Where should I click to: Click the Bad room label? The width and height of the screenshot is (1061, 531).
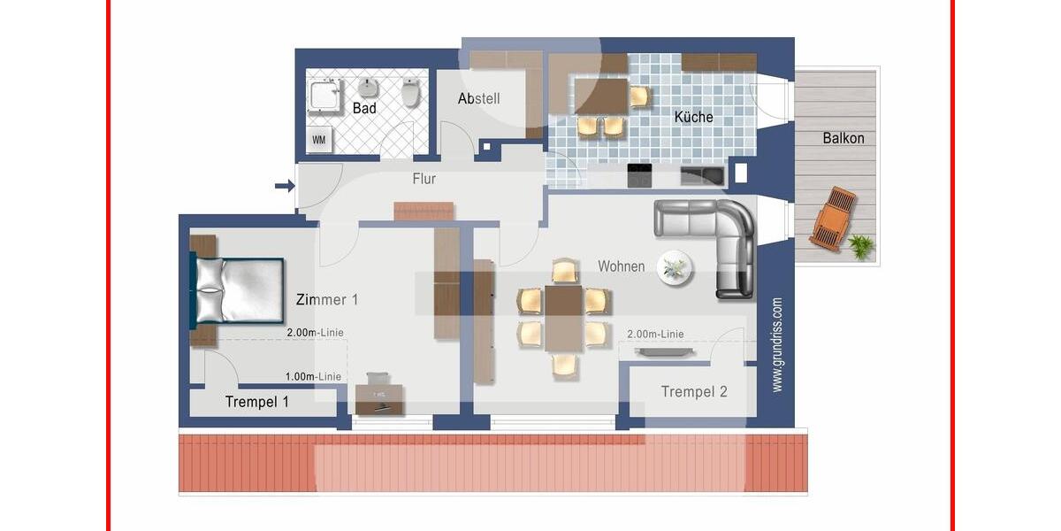point(364,108)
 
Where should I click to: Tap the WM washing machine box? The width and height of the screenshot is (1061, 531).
point(318,139)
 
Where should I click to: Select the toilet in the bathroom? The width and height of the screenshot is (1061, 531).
point(410,92)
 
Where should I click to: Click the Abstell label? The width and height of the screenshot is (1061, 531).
point(478,98)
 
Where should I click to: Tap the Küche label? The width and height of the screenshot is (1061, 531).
point(693,117)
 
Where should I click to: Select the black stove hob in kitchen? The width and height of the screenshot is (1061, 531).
point(640,175)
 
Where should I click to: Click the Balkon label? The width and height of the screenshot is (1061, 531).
point(843,138)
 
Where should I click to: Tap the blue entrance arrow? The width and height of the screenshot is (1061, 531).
point(284,186)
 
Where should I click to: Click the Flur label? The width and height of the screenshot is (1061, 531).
point(424,179)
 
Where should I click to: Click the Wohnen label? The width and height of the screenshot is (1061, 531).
point(621,265)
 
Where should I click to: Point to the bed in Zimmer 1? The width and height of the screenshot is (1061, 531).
point(236,290)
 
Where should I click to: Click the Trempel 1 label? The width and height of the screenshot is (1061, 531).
point(256,402)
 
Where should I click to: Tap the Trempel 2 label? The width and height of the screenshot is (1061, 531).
point(694,391)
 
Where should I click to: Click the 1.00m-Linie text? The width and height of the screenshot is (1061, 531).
point(313,376)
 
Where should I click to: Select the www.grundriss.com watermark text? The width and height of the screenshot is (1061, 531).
point(777,344)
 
